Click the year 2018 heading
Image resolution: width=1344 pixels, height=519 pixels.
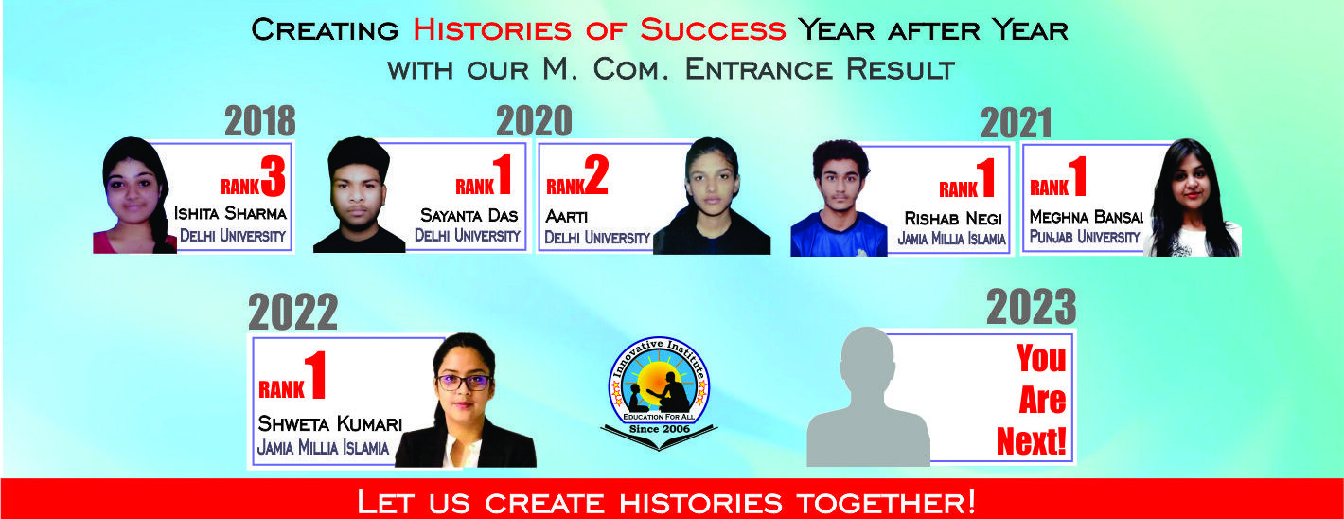click(260, 120)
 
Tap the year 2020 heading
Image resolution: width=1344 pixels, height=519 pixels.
click(534, 120)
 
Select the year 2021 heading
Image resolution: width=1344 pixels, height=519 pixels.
click(1017, 123)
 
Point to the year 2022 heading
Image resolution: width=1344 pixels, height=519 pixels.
click(292, 312)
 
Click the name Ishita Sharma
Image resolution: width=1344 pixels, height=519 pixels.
click(230, 213)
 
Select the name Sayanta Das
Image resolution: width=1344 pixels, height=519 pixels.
click(469, 215)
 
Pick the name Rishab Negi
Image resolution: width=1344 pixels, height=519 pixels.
click(953, 218)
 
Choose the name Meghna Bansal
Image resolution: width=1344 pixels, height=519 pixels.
click(1086, 216)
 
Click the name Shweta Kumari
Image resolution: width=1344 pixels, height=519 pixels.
click(329, 423)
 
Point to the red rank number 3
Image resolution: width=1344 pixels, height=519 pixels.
click(273, 175)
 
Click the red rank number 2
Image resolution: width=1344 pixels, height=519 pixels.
click(596, 175)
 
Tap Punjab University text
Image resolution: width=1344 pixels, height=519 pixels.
click(1085, 237)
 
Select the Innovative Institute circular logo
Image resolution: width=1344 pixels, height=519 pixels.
click(660, 392)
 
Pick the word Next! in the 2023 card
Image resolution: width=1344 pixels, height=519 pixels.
click(1031, 441)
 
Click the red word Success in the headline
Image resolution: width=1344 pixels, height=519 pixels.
click(713, 29)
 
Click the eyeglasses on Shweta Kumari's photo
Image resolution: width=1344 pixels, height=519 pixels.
click(465, 382)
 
